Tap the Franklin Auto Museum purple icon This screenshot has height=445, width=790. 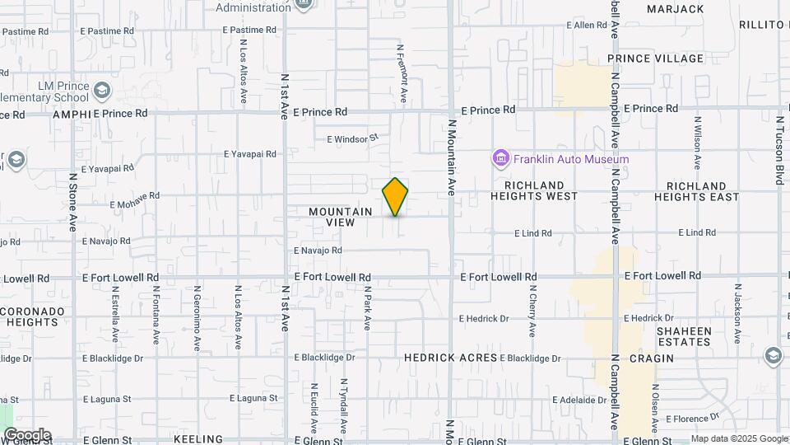pos(500,158)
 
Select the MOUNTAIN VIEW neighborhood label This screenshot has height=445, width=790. pos(340,217)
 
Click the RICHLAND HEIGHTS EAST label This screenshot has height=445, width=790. pos(696,190)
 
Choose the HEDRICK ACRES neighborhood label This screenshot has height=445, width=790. pos(451,358)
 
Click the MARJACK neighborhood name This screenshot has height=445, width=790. pos(676,9)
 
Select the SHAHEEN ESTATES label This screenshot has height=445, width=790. pos(683,335)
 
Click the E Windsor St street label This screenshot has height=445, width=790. pos(352,139)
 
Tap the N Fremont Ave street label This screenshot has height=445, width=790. pos(402,73)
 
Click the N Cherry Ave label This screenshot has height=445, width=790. pos(532,311)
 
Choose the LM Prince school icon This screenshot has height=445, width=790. pos(101,89)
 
